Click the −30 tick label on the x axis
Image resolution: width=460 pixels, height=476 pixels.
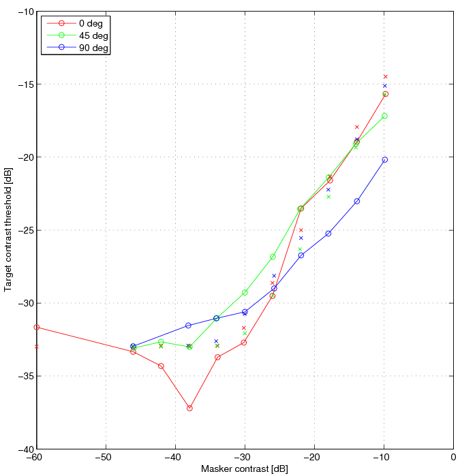[245, 458]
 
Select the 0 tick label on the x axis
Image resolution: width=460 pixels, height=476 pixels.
[453, 458]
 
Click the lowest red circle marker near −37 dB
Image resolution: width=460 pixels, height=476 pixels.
[189, 408]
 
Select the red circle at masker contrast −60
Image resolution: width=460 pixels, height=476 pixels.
[37, 328]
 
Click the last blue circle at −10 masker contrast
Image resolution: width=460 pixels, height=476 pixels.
[385, 159]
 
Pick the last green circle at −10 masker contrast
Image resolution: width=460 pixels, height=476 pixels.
[385, 116]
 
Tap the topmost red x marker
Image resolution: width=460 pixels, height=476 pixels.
[385, 77]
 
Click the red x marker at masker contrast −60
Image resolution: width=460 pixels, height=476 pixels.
[37, 347]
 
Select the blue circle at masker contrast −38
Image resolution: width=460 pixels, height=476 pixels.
[189, 326]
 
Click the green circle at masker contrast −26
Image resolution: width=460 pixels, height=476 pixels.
[273, 257]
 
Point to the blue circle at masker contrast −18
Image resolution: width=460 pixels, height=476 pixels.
[328, 234]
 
